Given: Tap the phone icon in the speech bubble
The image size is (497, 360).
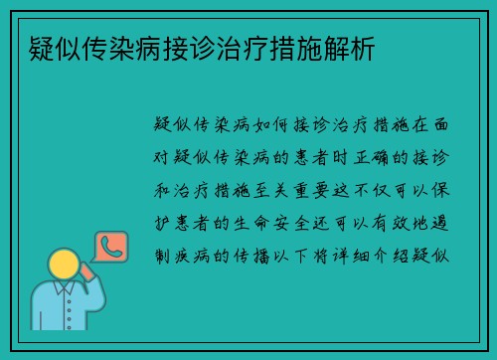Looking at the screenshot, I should tap(109, 247).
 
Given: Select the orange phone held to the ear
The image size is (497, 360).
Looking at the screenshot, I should tap(86, 270).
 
